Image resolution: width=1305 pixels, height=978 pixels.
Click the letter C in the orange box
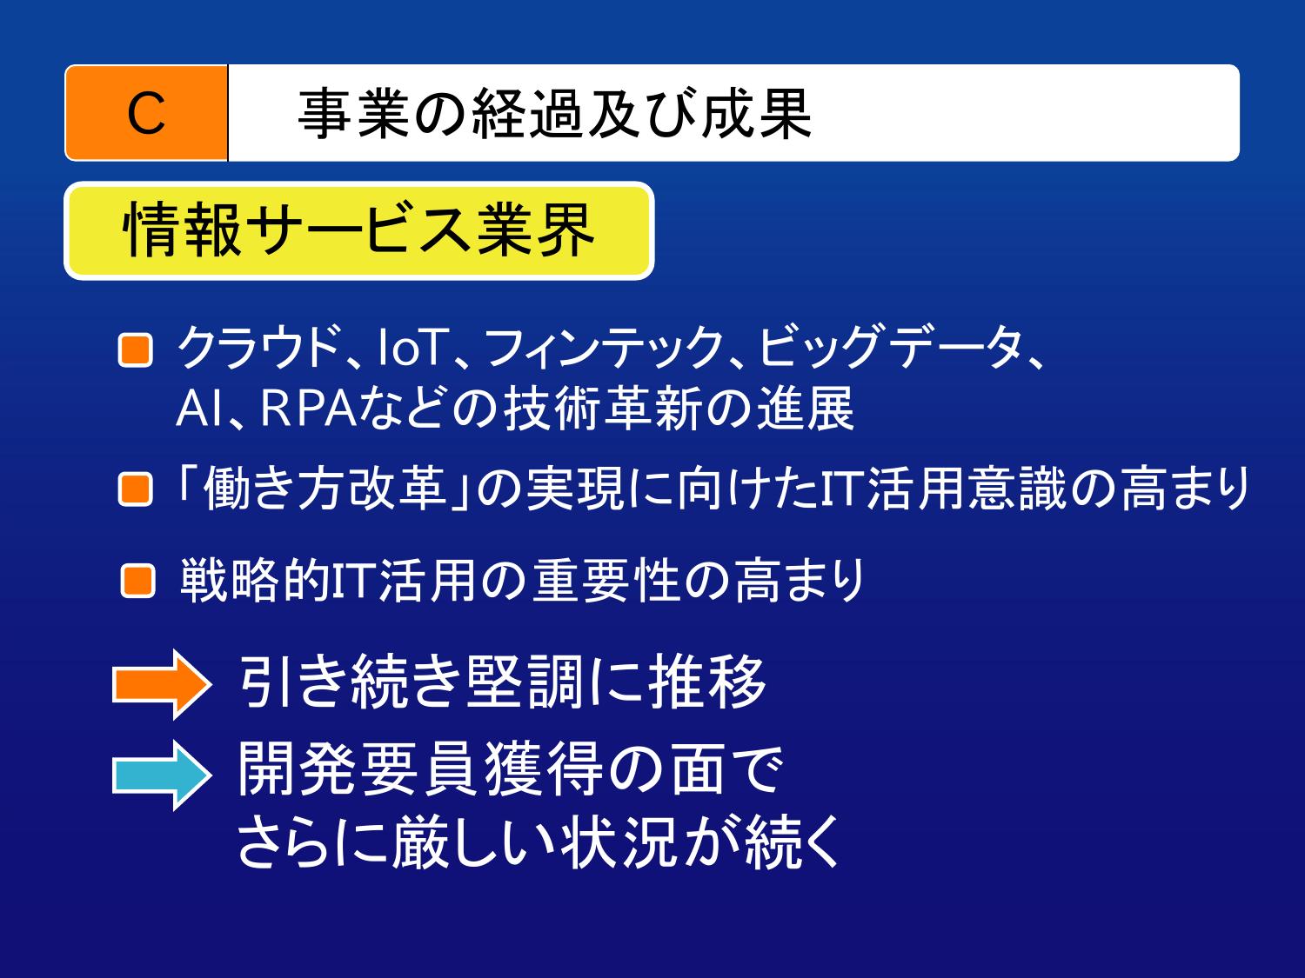coord(145,113)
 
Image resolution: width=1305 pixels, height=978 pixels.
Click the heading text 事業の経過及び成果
coord(554,113)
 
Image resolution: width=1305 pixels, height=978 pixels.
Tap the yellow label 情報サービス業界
coord(359,230)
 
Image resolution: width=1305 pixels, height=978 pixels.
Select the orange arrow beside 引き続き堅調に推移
coord(162,684)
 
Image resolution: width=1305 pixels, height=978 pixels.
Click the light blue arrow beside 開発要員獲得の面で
coord(162,775)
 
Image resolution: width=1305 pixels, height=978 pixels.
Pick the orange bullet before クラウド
coord(136,350)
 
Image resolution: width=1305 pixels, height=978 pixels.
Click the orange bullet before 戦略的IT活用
coord(138,580)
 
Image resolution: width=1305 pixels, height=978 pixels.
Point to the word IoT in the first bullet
coord(412,347)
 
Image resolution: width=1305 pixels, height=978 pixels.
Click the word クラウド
coord(260,347)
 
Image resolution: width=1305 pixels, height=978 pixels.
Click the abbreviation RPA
coord(309,409)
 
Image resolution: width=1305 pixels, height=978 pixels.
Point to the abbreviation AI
coord(199,409)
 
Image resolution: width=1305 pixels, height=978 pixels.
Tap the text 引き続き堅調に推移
coord(503,682)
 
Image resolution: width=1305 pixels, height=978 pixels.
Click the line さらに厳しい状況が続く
coord(539,842)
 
